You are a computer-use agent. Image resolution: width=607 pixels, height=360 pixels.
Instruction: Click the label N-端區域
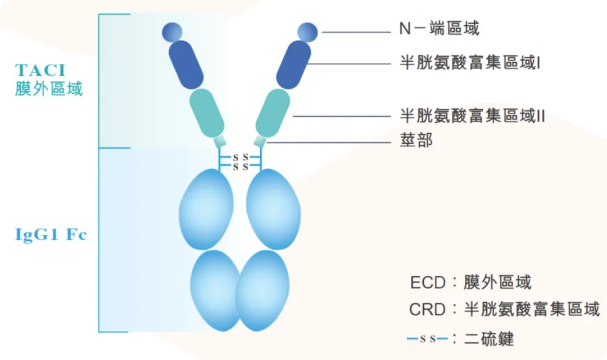point(439,28)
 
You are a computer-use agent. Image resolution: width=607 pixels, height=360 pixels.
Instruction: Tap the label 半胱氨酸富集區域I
point(470,63)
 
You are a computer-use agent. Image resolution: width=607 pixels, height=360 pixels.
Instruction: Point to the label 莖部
point(416,140)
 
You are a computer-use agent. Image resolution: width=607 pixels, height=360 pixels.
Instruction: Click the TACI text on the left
point(40,70)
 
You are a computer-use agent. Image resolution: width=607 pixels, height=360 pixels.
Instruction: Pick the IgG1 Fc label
point(51,234)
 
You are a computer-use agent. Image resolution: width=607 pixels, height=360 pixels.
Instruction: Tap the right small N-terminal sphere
point(307,32)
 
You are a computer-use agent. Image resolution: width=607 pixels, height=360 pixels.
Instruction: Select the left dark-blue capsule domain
point(187,64)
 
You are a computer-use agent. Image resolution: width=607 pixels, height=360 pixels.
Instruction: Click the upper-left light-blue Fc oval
point(206,209)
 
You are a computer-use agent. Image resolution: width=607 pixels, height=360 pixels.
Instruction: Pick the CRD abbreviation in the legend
point(428,309)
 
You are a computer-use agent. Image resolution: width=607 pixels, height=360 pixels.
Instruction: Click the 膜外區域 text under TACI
point(49,89)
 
